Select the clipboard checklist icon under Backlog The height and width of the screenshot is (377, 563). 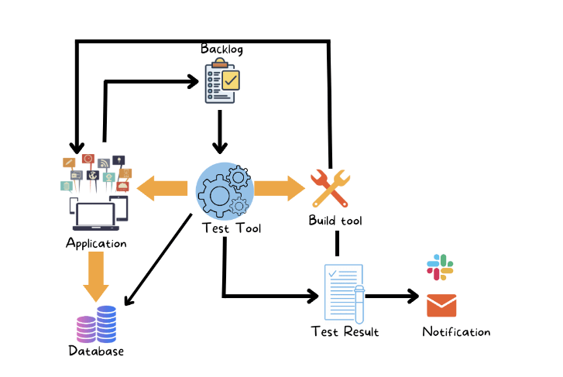(x=221, y=81)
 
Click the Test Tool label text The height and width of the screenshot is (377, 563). (x=231, y=228)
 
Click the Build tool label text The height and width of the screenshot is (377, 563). (x=335, y=221)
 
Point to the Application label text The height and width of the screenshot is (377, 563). (x=96, y=243)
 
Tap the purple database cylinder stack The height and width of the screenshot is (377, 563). (x=85, y=329)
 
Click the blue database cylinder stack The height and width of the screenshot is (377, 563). (x=106, y=323)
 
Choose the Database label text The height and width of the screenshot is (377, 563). (x=96, y=351)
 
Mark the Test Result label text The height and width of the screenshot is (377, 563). (x=345, y=332)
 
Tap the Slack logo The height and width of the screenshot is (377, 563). (x=441, y=266)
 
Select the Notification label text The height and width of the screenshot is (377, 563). (x=456, y=332)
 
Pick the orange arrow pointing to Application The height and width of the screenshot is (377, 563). (x=163, y=188)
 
